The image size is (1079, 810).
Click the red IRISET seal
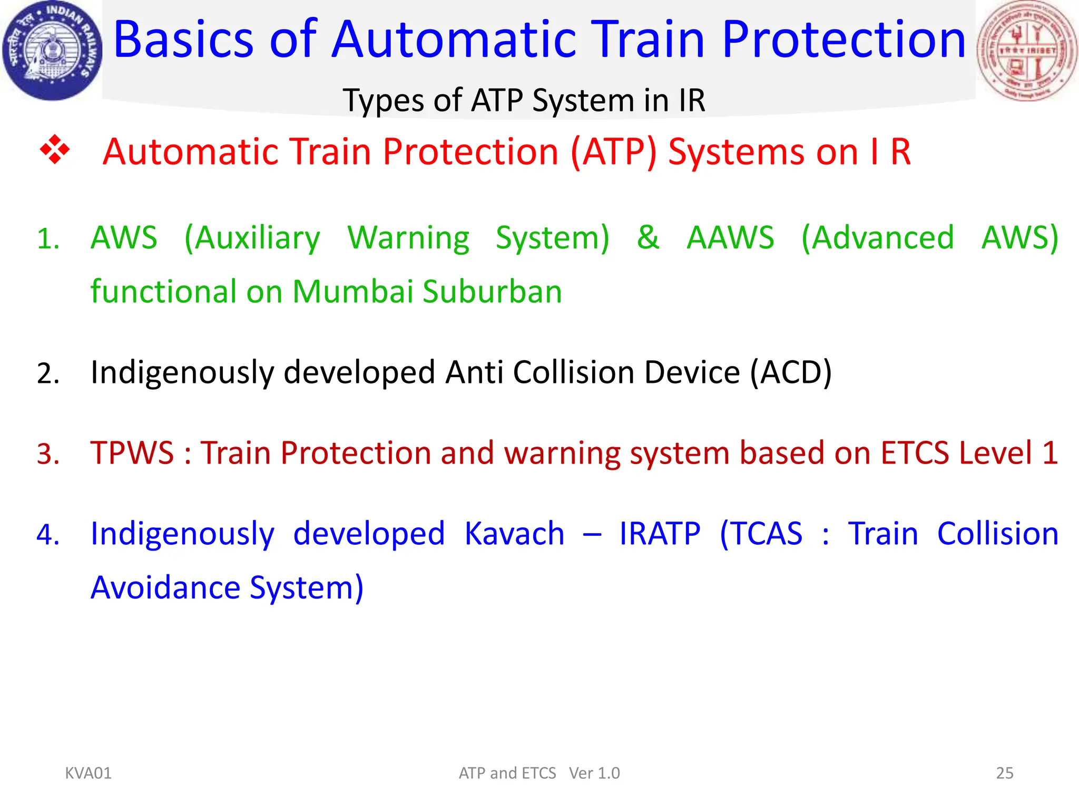pos(1027,51)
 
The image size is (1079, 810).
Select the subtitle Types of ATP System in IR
pos(524,100)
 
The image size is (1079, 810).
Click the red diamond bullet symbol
pos(55,150)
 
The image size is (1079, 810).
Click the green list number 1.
pos(47,239)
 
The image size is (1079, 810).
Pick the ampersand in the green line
pos(648,237)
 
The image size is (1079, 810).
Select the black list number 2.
pos(47,373)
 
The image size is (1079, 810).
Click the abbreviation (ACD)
pos(790,372)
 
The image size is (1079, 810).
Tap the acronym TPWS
pos(132,452)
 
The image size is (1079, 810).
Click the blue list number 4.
pos(47,535)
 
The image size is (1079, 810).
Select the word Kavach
pos(514,534)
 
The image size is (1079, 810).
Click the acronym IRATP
pos(660,534)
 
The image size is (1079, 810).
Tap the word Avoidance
pos(165,587)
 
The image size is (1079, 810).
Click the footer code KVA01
pos(88,773)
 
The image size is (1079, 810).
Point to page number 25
pos(1004,773)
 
